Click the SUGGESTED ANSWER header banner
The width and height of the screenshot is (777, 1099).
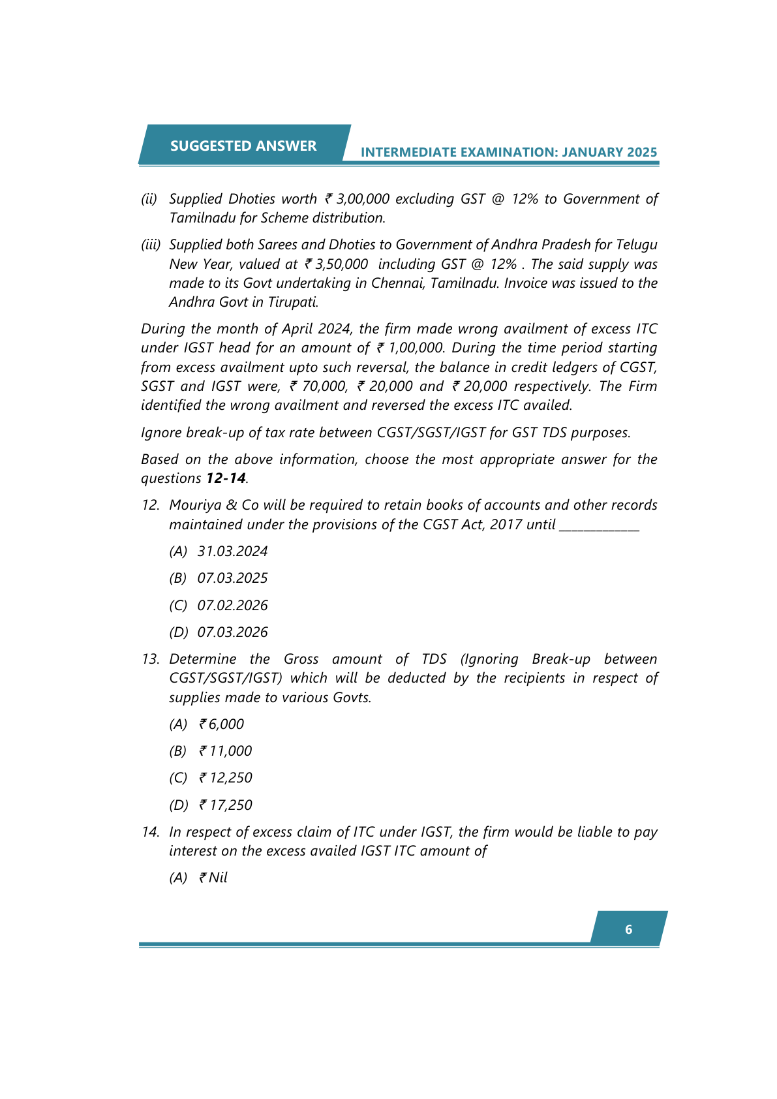click(x=243, y=146)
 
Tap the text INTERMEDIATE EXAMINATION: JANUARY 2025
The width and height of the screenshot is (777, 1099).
click(x=509, y=152)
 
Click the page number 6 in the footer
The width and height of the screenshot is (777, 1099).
click(x=628, y=929)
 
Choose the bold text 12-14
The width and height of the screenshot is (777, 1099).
click(x=226, y=478)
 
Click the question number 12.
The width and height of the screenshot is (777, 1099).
click(x=151, y=505)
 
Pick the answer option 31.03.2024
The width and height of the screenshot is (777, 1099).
click(x=232, y=551)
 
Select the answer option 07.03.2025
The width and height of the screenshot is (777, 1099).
click(x=232, y=578)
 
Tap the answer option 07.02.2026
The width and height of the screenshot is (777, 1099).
click(x=232, y=606)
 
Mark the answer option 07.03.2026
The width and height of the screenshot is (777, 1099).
click(x=232, y=632)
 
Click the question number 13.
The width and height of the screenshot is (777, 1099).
click(x=151, y=659)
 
